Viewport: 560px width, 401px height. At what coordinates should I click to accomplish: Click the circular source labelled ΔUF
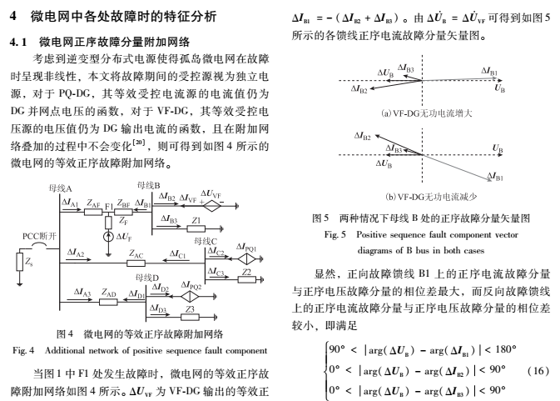107,237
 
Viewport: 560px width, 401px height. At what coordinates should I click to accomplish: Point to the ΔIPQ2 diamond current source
193,296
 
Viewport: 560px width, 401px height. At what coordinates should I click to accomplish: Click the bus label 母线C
205,241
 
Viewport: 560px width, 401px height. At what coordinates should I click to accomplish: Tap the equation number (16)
539,369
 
